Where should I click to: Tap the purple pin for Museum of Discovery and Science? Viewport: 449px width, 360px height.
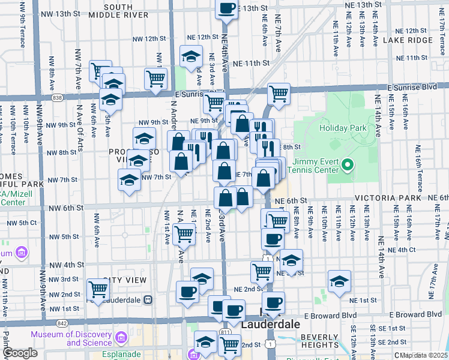click(x=123, y=338)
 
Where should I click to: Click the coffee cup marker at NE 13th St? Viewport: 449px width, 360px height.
click(x=226, y=8)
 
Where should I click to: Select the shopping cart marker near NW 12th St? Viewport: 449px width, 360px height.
click(x=155, y=78)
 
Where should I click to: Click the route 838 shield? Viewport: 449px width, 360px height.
click(x=57, y=97)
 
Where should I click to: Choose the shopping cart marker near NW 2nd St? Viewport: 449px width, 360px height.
click(x=98, y=289)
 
